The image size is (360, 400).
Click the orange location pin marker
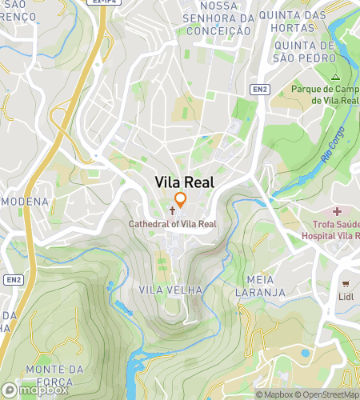click(181, 200)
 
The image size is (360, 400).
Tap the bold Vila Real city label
click(185, 182)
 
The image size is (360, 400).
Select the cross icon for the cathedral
click(172, 212)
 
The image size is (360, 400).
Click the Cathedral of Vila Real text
click(173, 225)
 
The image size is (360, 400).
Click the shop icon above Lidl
click(346, 284)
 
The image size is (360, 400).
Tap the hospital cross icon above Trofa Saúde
click(337, 212)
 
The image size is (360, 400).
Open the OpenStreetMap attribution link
click(326, 394)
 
